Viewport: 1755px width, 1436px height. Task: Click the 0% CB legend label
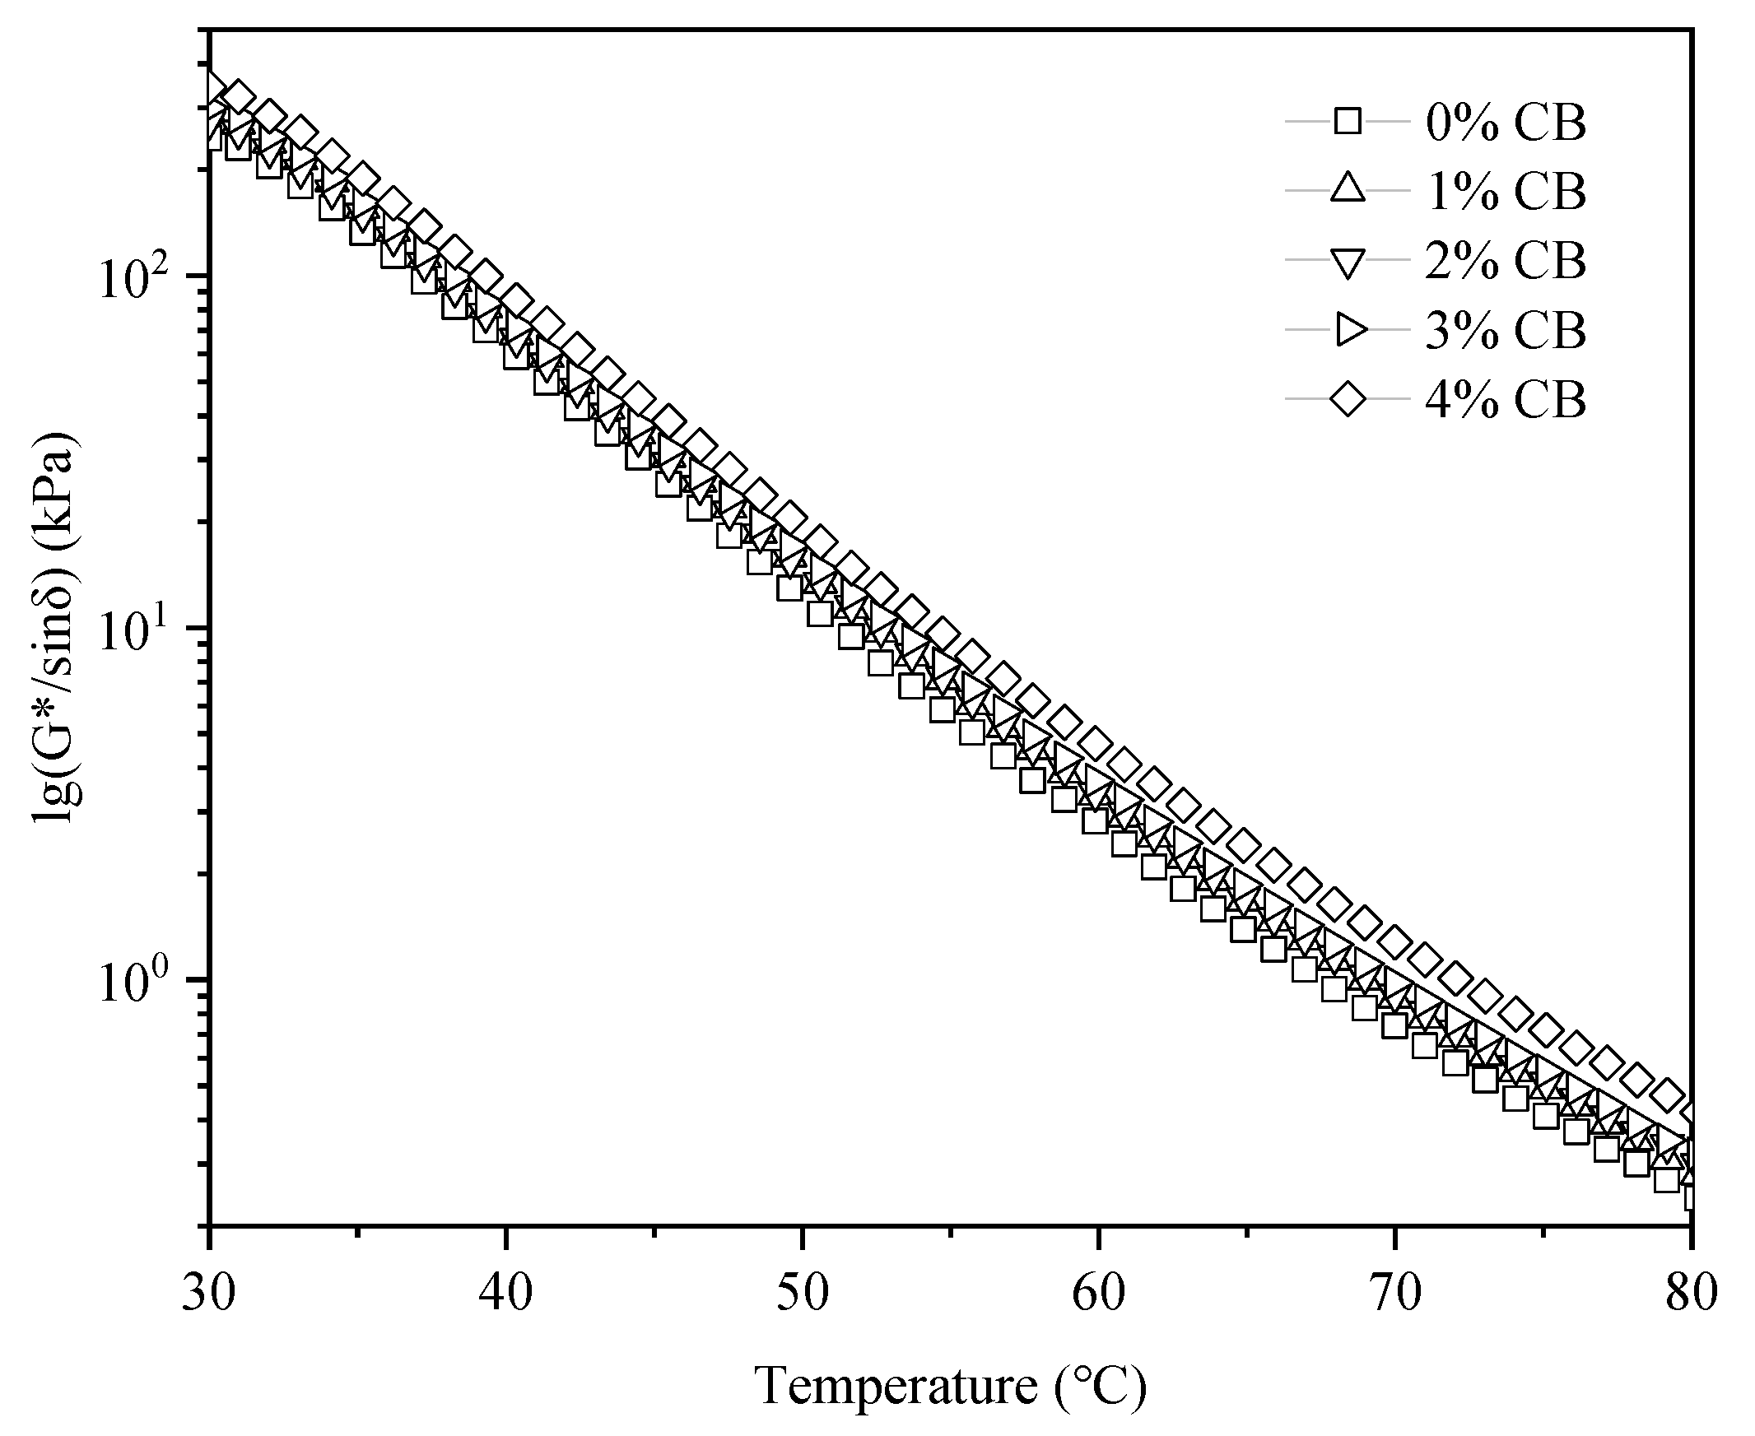[1505, 123]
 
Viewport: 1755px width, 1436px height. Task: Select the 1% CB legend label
[1505, 192]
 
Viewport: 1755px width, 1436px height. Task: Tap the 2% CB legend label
[1505, 262]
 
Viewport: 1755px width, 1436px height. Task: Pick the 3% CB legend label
[1505, 331]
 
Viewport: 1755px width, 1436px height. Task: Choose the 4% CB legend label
[1505, 401]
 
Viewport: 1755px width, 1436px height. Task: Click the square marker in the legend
[1347, 123]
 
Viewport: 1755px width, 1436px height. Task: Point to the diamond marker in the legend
[1347, 401]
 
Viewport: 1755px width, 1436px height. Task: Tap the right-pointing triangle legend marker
[1347, 331]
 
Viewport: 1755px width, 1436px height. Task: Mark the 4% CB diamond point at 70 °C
[1395, 941]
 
